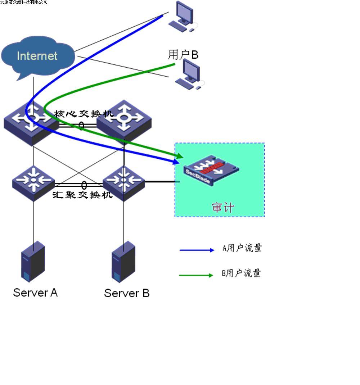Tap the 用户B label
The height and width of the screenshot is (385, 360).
click(x=183, y=55)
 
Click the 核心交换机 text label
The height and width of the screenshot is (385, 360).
click(x=84, y=114)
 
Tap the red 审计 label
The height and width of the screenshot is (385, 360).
click(x=223, y=208)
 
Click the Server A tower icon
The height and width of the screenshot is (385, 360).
click(x=33, y=262)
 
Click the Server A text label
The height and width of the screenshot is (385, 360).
click(x=35, y=293)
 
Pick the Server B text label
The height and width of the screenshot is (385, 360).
click(x=127, y=293)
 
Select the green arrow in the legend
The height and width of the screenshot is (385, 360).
click(x=196, y=275)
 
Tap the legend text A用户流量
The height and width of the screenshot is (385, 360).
click(x=242, y=248)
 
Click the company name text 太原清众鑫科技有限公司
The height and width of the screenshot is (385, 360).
click(x=24, y=2)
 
